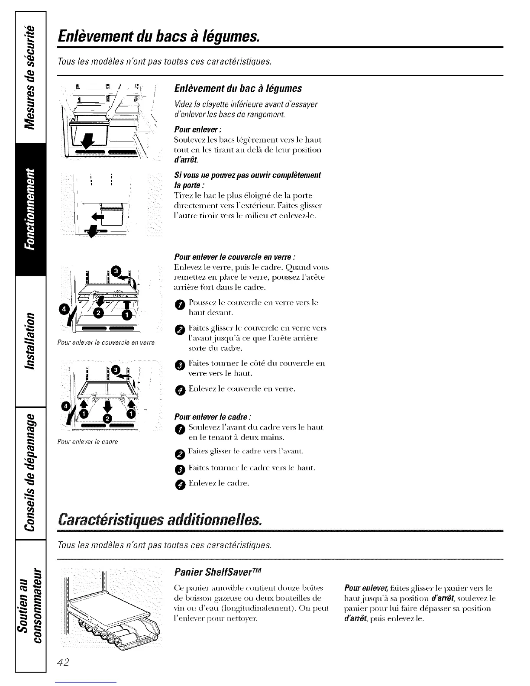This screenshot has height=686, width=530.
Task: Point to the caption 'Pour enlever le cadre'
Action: tap(88, 442)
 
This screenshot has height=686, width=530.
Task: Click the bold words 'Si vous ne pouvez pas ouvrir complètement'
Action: tap(247, 175)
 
